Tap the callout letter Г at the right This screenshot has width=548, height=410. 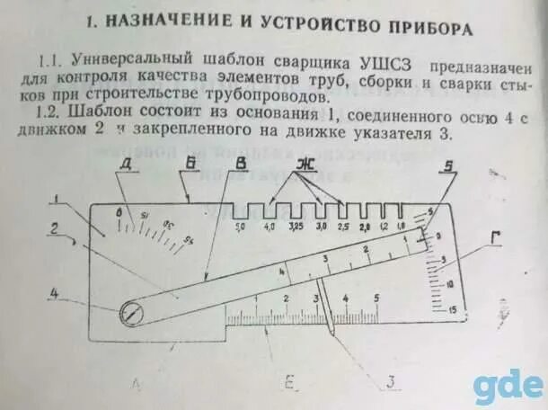coord(495,236)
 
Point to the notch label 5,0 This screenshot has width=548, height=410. coord(241,227)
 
